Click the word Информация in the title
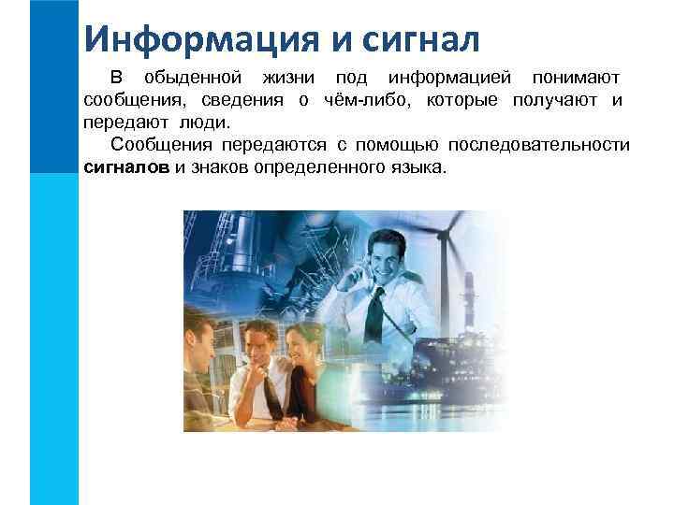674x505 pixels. point(192,38)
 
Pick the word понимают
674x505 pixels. point(575,76)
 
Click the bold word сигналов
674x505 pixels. point(126,169)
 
